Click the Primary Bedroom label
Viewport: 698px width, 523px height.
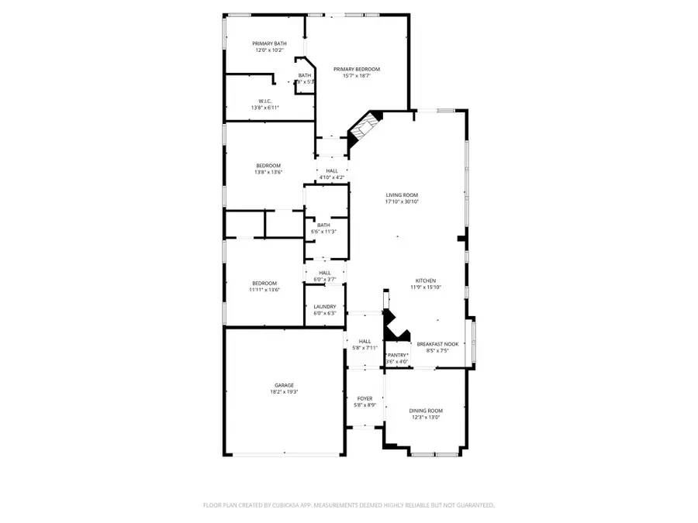(357, 69)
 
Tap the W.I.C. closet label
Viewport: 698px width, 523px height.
(264, 101)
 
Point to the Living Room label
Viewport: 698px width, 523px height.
(402, 195)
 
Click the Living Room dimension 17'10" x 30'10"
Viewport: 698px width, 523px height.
(402, 202)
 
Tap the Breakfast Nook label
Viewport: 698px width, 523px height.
(437, 343)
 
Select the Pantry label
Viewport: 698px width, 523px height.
(397, 355)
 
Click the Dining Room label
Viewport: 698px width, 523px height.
(425, 411)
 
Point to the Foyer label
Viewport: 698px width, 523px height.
(364, 398)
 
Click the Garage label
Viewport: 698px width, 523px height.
(284, 385)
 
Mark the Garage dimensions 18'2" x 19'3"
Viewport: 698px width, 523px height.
(284, 392)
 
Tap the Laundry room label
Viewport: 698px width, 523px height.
(324, 307)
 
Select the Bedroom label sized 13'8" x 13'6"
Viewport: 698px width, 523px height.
(268, 166)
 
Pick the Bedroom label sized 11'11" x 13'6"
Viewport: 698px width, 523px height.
(264, 283)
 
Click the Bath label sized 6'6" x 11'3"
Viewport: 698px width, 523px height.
(323, 225)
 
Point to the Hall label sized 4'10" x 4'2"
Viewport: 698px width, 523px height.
(332, 170)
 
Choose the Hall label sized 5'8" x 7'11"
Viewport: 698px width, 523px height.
(364, 341)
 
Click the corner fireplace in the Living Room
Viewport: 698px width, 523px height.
(365, 128)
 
